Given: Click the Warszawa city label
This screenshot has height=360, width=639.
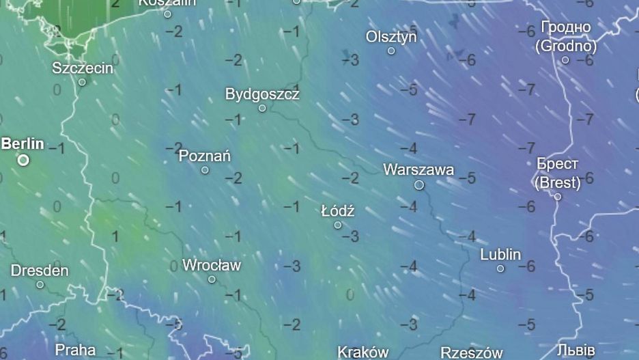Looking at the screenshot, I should tap(418, 169).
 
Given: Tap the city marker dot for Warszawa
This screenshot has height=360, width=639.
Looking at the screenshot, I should tap(419, 185).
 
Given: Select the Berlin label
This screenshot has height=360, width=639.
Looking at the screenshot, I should tap(23, 144).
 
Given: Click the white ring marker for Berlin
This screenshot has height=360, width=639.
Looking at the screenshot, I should tap(23, 160).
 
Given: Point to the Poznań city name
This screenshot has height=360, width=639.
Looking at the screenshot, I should tap(204, 156).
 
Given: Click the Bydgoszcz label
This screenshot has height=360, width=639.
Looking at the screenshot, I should tap(262, 94).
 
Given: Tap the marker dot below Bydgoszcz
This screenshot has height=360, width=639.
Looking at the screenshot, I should tap(262, 108).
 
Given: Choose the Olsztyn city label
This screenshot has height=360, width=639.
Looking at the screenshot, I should tap(391, 36).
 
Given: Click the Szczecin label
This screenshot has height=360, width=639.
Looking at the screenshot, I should tap(83, 68).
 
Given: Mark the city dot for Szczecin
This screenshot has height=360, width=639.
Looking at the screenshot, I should tap(82, 82).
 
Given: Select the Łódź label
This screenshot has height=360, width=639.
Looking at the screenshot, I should tap(338, 211).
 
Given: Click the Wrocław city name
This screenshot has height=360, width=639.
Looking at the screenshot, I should tap(212, 265).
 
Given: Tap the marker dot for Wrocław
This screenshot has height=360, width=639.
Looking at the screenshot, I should tap(212, 279).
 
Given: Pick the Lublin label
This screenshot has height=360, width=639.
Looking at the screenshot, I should tap(500, 255).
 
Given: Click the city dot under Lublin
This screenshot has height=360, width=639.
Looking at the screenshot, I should tap(500, 269).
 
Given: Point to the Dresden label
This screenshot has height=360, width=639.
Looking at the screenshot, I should tap(40, 271).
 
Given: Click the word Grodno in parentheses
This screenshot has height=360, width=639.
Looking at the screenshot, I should tap(566, 46).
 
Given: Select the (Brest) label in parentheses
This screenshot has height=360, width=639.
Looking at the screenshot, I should tap(558, 183).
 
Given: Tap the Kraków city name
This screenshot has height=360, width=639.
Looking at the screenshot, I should tap(363, 352).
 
